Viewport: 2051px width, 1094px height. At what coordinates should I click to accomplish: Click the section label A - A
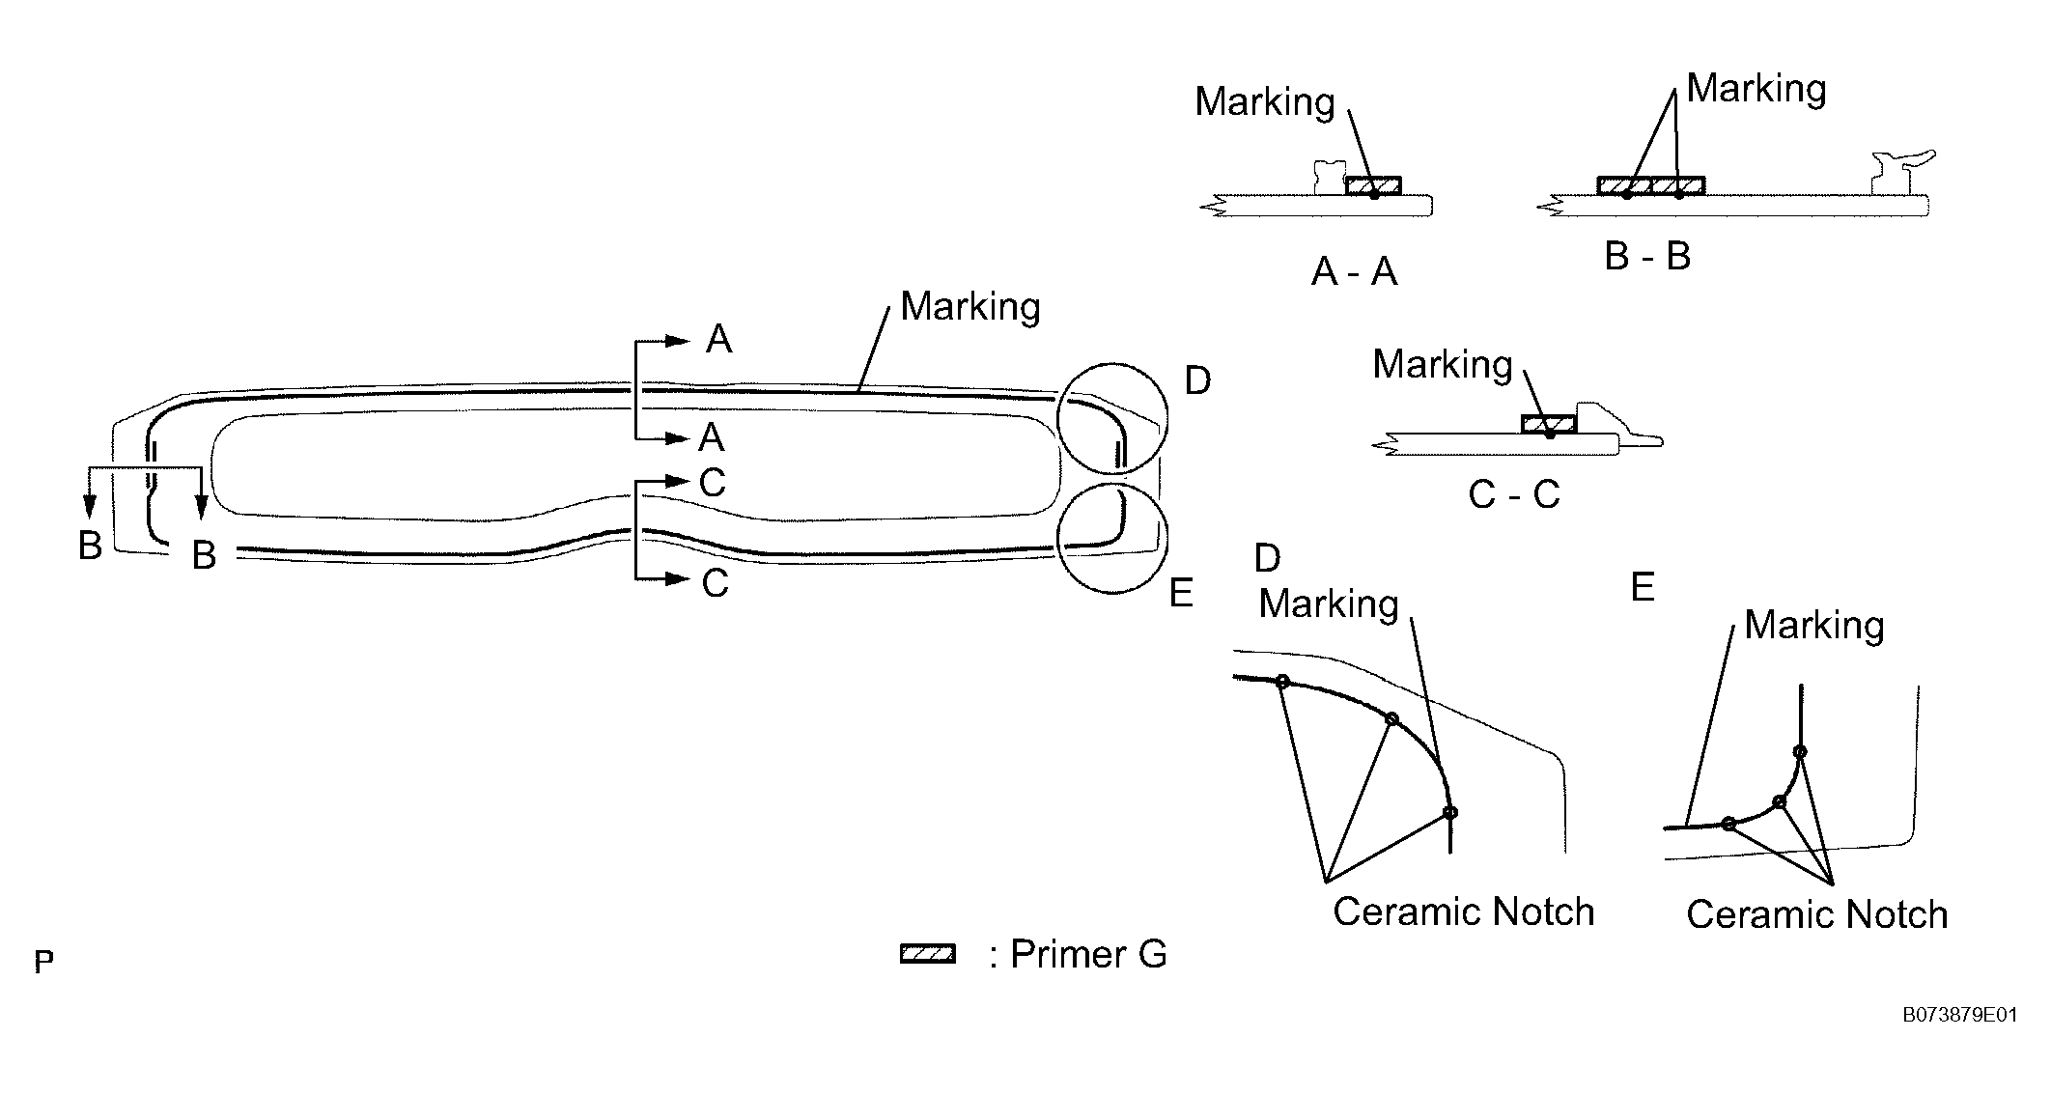[x=1354, y=272]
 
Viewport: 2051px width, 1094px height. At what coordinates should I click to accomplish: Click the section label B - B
[x=1647, y=256]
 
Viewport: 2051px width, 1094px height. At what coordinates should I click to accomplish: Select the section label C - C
[x=1513, y=494]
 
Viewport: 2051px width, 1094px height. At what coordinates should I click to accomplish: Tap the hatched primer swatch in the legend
[x=927, y=954]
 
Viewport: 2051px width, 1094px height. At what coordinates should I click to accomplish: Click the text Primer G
[x=1088, y=954]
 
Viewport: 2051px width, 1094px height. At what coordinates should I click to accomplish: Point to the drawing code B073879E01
[x=1959, y=1015]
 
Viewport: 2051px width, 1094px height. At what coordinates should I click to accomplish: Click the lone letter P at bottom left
[x=43, y=962]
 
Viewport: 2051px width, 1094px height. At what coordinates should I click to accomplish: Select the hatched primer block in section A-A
[x=1373, y=185]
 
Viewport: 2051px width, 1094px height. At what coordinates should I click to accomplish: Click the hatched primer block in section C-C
[x=1548, y=423]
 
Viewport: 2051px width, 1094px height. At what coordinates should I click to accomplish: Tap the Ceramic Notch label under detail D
[x=1463, y=912]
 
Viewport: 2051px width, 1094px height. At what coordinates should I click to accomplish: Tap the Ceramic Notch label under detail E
[x=1816, y=914]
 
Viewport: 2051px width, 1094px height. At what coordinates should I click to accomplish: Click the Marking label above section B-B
[x=1756, y=89]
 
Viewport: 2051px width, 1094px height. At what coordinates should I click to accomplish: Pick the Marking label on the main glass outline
[x=969, y=307]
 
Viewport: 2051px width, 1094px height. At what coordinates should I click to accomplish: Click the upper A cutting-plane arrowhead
[x=679, y=341]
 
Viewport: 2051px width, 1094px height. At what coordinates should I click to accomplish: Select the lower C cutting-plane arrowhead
[x=678, y=579]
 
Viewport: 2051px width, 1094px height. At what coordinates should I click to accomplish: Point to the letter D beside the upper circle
[x=1196, y=381]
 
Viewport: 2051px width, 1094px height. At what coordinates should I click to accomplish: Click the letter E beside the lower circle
[x=1181, y=593]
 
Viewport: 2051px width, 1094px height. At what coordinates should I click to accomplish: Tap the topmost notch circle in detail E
[x=1799, y=751]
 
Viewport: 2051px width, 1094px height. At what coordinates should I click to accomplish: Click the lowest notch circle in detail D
[x=1449, y=812]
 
